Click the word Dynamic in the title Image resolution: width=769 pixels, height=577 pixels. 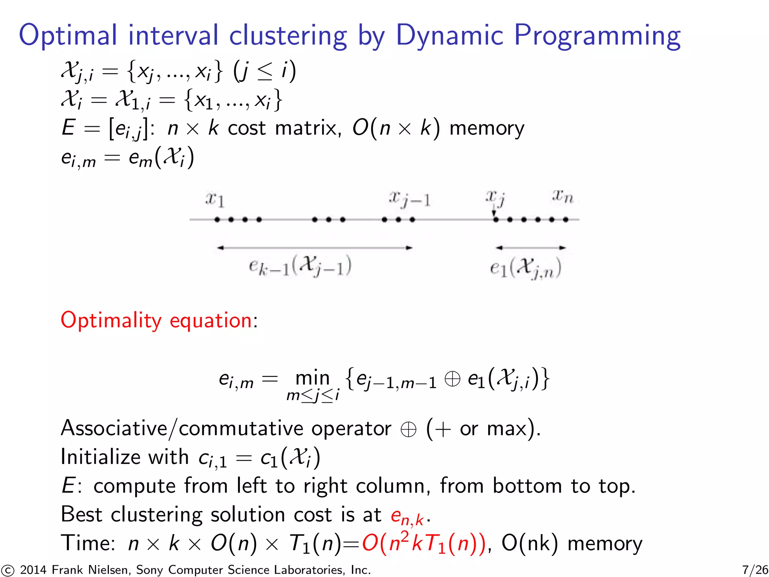[x=449, y=36]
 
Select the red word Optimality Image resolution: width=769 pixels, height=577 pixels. [x=111, y=320]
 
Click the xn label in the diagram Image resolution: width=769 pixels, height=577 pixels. [x=563, y=196]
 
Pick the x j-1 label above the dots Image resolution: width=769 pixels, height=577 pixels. [x=410, y=199]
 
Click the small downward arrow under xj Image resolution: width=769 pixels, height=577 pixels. [x=494, y=213]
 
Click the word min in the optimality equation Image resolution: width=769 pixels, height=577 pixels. [x=312, y=378]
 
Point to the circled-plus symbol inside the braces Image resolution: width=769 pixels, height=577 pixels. [x=452, y=379]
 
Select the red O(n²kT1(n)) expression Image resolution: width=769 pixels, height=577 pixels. [x=424, y=543]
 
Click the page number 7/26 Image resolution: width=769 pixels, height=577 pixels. [x=755, y=569]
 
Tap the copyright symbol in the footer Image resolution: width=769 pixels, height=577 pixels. [x=7, y=570]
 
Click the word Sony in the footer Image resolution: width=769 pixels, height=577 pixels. [x=149, y=570]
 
